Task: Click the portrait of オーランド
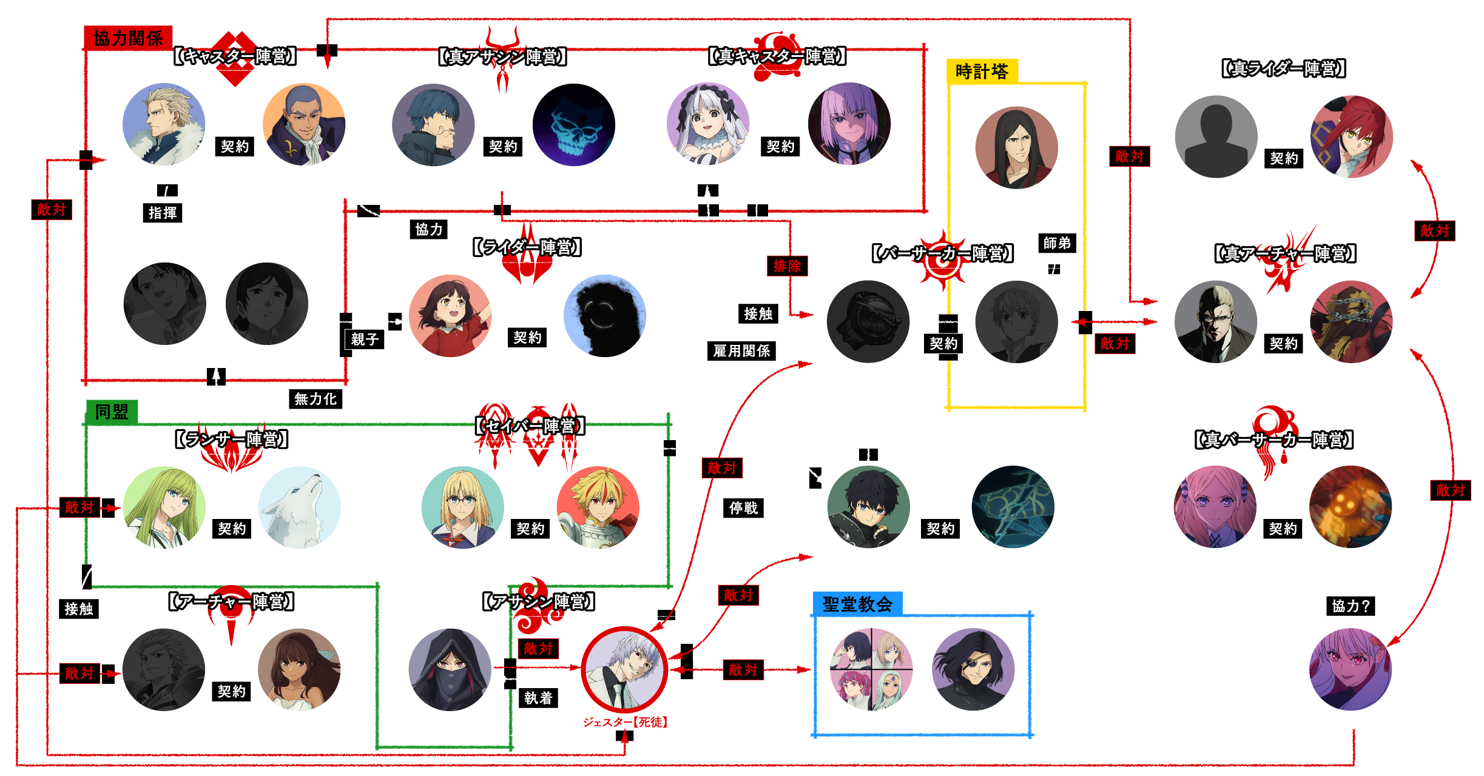point(164,124)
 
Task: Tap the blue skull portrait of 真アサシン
point(573,124)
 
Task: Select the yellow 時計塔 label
point(982,72)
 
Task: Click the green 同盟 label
point(112,412)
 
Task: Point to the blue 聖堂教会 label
point(857,604)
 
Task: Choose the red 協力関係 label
point(128,38)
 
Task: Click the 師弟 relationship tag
point(1057,243)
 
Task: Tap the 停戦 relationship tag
point(743,507)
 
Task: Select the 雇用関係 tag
point(741,350)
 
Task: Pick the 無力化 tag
point(315,398)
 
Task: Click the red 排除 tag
point(787,266)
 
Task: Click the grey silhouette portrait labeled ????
point(1216,136)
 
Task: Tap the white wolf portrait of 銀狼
point(300,507)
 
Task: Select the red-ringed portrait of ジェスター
point(624,669)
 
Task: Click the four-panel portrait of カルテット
point(871,669)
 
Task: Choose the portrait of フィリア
point(1351,669)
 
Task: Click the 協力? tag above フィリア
point(1351,606)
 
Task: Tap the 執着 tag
point(538,698)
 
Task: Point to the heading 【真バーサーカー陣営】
point(1274,440)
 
